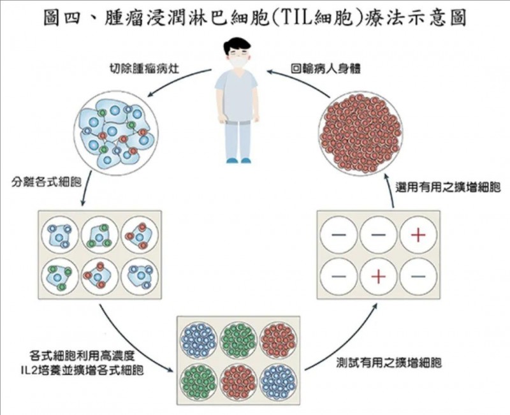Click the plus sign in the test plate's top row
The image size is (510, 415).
click(418, 236)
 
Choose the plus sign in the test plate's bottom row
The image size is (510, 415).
click(378, 276)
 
